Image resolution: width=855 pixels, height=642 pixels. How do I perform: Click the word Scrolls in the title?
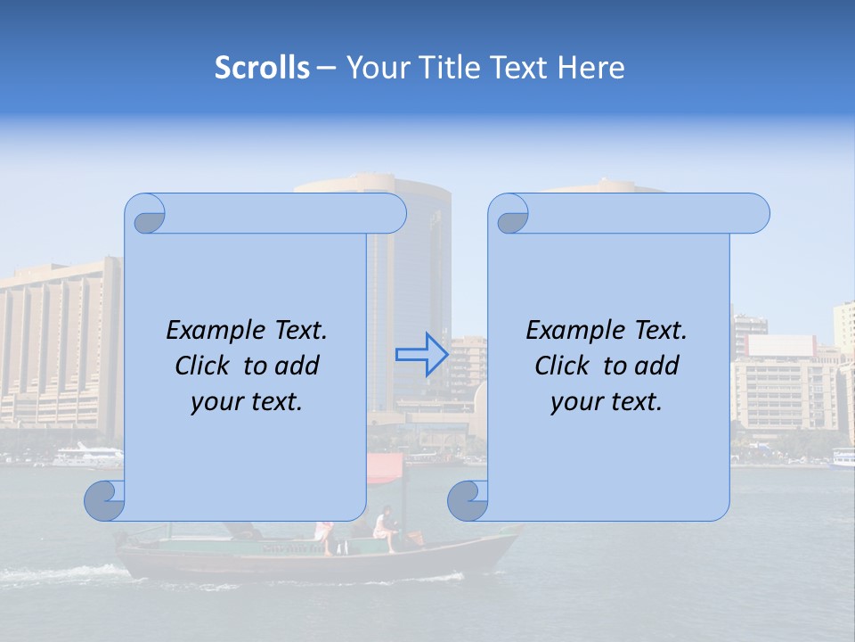click(262, 68)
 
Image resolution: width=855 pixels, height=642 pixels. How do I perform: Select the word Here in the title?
click(590, 68)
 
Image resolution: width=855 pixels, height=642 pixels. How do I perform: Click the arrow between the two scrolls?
click(421, 354)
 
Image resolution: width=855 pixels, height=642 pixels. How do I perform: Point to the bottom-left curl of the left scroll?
click(105, 500)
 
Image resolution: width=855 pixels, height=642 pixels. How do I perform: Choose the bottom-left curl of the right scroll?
click(468, 500)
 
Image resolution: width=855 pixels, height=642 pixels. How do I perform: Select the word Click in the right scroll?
click(561, 366)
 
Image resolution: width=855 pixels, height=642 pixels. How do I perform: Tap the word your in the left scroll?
click(216, 402)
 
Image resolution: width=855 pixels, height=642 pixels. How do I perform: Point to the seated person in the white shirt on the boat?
click(384, 526)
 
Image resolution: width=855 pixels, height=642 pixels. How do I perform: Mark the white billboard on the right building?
click(781, 345)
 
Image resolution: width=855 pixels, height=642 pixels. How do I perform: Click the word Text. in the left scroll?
click(297, 331)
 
